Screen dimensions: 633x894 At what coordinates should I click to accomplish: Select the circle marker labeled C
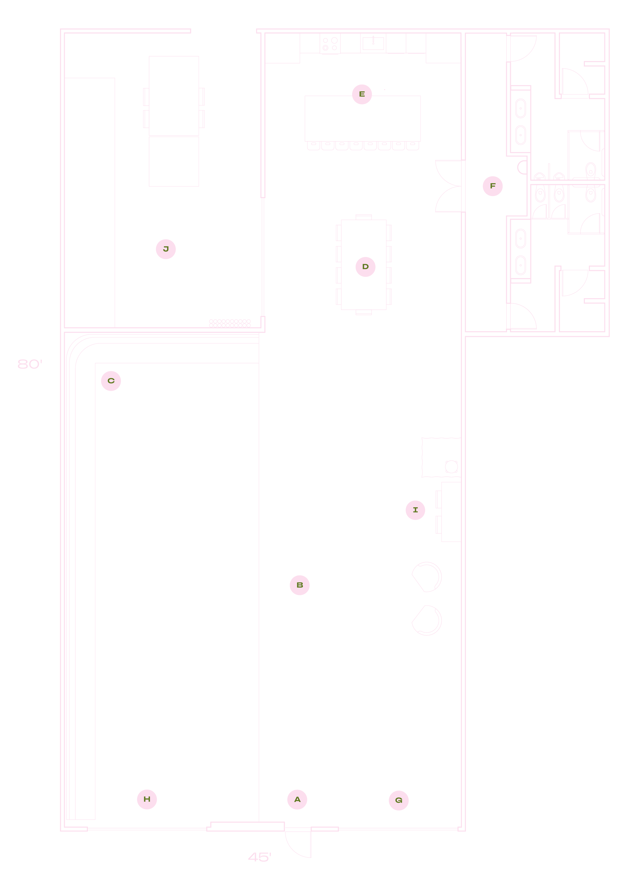coord(111,381)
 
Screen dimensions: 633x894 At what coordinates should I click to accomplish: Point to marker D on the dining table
coord(365,267)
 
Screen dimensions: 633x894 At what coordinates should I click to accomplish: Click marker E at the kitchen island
coord(362,94)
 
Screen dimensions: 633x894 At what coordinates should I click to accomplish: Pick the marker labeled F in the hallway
coord(493,186)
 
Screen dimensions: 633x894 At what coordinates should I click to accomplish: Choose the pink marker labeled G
coord(399,801)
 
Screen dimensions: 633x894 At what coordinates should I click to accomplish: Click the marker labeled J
coord(166,249)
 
